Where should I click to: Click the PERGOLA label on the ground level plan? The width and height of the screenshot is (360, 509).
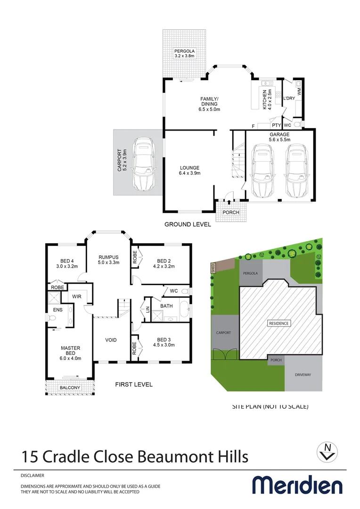184,51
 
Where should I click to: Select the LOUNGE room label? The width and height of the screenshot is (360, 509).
190,168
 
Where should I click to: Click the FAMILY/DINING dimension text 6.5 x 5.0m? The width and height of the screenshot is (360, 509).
209,109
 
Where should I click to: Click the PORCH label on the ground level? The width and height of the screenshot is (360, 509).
231,213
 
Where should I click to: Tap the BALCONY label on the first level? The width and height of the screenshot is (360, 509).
70,388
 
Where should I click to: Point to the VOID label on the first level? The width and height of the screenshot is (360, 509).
111,340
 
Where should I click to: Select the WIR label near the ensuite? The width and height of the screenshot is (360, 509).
76,296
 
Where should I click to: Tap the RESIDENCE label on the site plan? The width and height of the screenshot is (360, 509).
279,323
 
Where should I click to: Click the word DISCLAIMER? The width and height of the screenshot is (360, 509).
33,476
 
